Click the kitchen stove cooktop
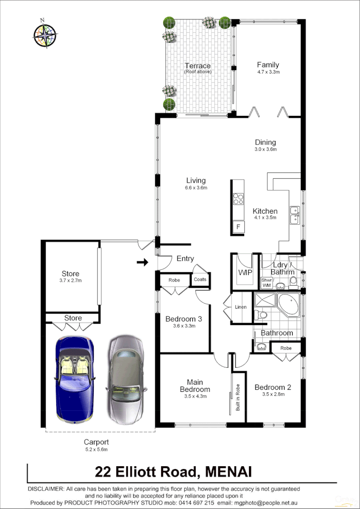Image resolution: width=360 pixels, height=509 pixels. point(238,198)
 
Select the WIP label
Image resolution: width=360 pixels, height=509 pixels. point(246,273)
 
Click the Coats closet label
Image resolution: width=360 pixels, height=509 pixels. point(200,279)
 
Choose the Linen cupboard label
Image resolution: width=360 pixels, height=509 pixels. point(241,307)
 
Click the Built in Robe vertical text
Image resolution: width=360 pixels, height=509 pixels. point(237,399)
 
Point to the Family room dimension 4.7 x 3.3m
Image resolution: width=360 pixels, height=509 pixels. point(268,72)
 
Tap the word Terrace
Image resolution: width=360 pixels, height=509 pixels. point(198,66)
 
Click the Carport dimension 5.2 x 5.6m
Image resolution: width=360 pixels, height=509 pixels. point(97,449)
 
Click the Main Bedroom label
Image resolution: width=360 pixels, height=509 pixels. point(195,386)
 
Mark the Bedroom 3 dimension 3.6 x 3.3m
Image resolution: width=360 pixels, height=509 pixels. point(183,326)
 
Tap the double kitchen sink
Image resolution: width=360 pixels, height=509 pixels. point(294,215)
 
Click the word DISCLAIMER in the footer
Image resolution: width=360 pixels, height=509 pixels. point(46,488)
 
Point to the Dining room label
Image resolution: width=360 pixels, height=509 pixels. point(265,142)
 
